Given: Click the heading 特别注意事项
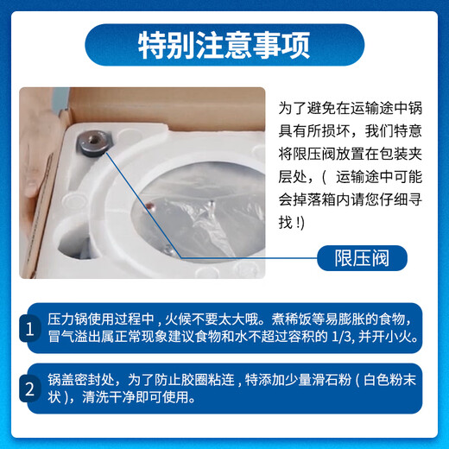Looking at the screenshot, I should pos(224,46).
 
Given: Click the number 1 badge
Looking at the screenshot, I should pos(30,328).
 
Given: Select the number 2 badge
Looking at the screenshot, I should pos(30,389).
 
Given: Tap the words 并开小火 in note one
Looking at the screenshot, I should pos(396,338).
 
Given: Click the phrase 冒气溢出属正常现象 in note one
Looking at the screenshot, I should pos(111,338).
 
